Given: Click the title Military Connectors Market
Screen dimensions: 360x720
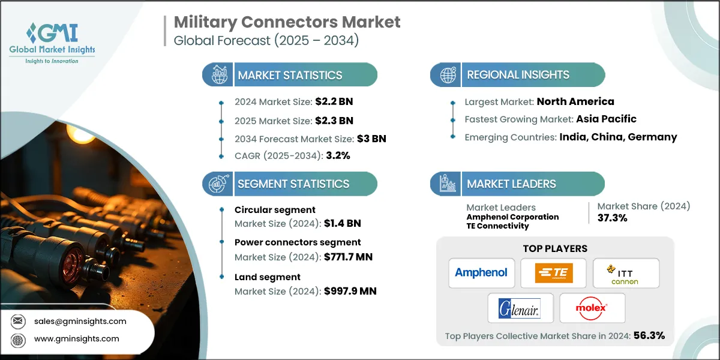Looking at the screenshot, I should [287, 23].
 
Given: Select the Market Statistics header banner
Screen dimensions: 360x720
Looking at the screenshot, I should [290, 75].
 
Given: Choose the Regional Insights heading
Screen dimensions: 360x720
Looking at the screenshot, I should [518, 75].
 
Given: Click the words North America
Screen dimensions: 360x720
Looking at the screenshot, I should [575, 101].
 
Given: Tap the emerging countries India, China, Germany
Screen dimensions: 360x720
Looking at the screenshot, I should [618, 137].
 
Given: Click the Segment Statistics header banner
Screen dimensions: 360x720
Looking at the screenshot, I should [290, 184].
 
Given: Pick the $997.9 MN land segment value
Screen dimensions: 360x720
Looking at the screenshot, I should [350, 292].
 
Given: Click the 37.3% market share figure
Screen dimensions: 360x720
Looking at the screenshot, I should [612, 218].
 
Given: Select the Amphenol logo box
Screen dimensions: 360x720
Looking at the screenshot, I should [481, 273].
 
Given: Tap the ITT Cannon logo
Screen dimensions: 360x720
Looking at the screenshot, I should [626, 273].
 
